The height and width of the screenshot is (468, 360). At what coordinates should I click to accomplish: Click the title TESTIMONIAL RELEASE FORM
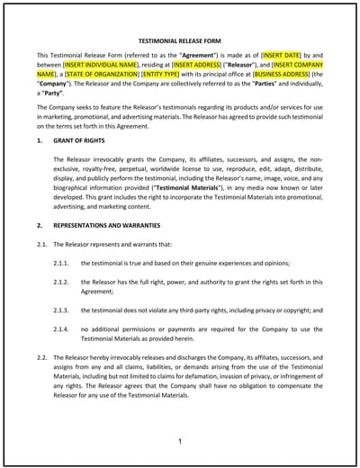coord(180,40)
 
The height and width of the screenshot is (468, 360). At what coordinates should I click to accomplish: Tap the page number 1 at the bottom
coord(180,441)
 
